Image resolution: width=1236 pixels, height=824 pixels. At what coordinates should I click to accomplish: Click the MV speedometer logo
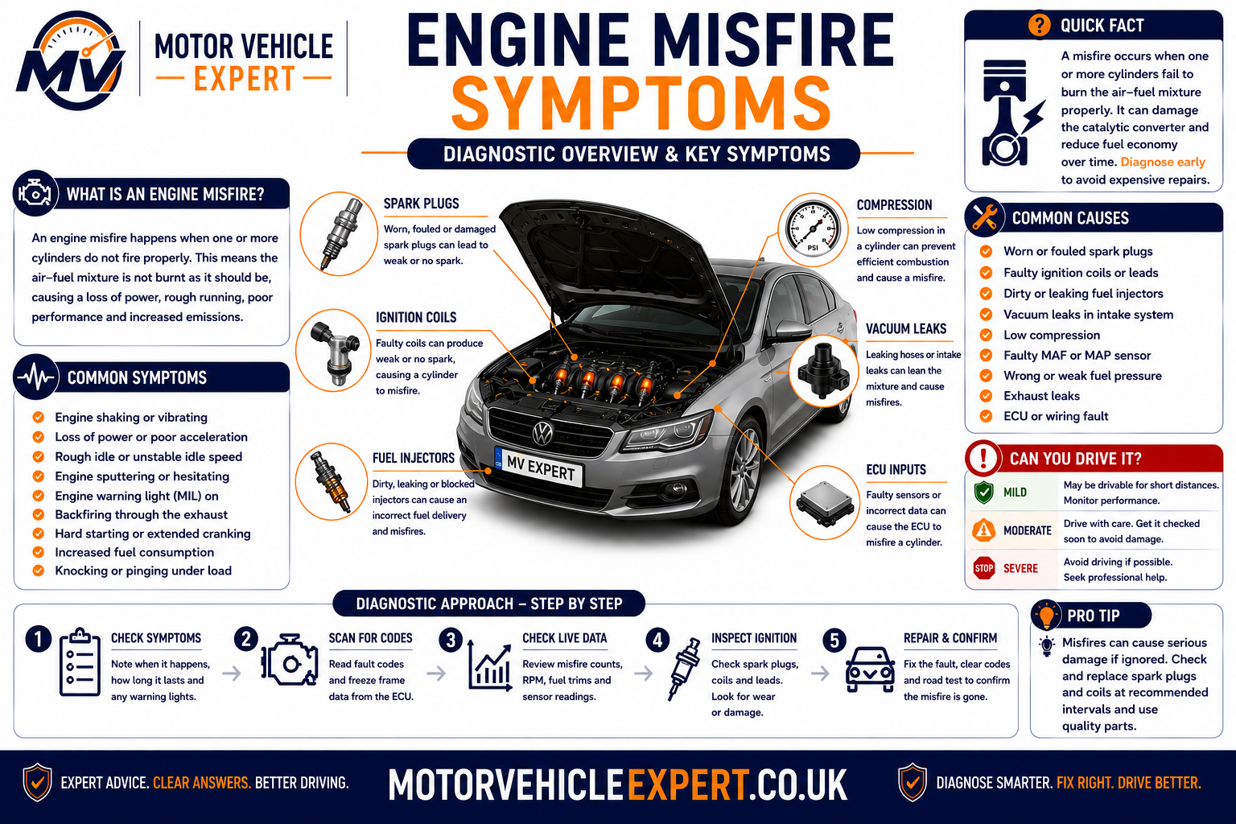pos(71,60)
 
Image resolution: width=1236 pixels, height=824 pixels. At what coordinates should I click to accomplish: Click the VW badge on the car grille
pos(543,433)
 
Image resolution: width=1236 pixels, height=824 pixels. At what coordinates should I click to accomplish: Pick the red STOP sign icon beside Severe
pos(984,568)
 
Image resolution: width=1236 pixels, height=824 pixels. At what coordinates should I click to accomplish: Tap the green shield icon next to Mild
pos(984,492)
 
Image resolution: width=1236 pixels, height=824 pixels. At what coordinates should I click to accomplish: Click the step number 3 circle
pos(451,640)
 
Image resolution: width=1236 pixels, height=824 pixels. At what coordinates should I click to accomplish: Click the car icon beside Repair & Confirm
pos(870,669)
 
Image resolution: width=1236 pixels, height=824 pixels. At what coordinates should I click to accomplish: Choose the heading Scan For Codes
pos(371,638)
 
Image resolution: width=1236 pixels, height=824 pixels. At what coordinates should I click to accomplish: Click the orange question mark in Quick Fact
pos(1040,25)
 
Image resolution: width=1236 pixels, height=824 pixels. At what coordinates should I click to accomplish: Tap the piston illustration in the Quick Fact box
pos(1008,113)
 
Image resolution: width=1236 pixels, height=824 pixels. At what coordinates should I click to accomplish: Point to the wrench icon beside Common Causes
pos(984,217)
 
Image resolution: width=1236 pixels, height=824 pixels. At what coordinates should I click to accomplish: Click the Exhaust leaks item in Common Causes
pos(1041,396)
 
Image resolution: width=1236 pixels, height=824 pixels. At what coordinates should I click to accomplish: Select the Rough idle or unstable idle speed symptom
pos(148,457)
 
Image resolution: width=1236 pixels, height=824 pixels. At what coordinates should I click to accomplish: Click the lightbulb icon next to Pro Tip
pos(1046,615)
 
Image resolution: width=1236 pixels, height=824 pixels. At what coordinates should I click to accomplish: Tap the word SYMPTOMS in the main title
pos(641,104)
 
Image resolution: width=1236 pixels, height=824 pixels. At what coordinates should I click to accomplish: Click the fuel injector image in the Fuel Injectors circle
pos(331,481)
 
